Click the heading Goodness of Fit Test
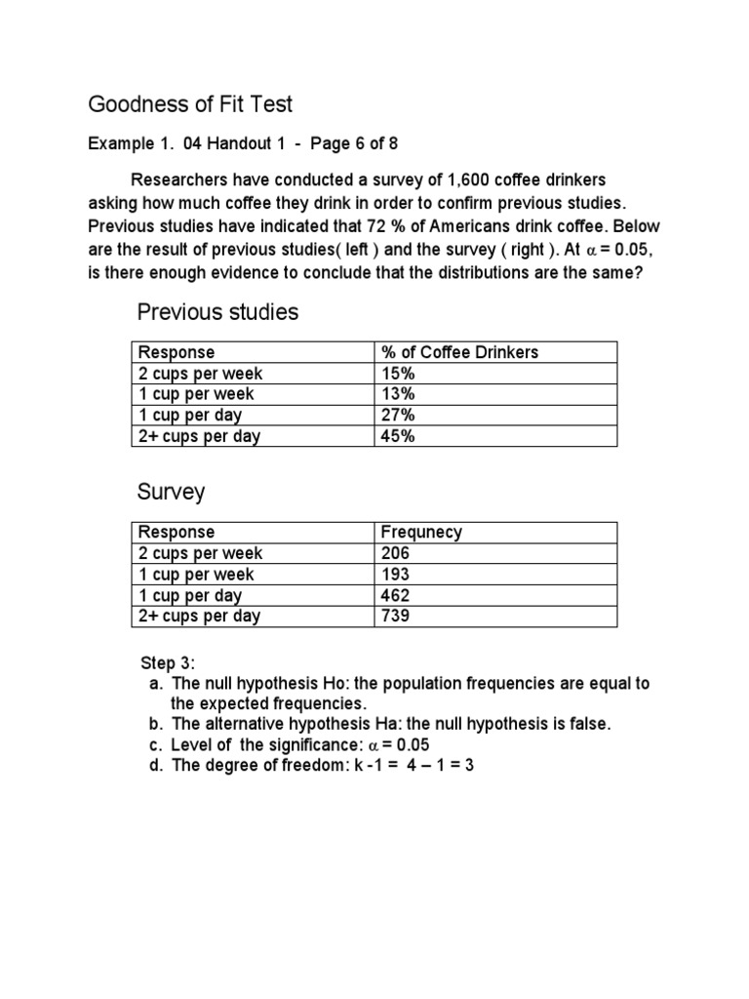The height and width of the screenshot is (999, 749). [190, 103]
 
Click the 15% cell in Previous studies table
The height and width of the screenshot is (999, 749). [398, 373]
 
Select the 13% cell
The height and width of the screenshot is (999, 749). [398, 394]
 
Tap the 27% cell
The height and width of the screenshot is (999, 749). [398, 416]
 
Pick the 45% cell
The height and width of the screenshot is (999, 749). [398, 436]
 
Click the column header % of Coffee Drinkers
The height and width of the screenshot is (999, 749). [459, 352]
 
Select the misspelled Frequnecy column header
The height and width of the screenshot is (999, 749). [421, 532]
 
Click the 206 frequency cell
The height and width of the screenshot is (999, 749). [395, 553]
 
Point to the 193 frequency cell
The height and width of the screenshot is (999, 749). [395, 575]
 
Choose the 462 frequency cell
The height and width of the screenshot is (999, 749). [395, 595]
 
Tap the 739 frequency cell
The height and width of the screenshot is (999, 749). [395, 616]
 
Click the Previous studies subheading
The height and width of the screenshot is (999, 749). [217, 312]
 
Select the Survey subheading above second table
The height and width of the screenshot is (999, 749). [171, 492]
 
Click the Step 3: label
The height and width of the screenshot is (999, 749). [169, 663]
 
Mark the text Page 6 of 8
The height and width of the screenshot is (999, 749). [354, 143]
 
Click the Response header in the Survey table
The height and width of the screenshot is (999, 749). [177, 532]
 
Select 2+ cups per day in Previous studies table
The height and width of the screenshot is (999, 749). [199, 436]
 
